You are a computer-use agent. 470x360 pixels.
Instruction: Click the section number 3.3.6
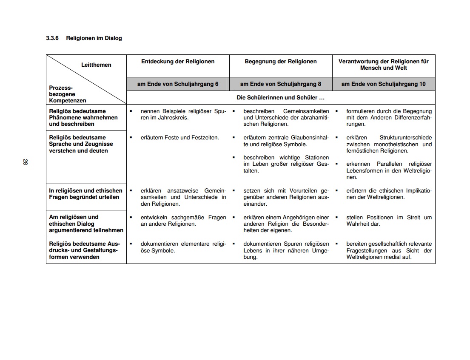(x=53, y=38)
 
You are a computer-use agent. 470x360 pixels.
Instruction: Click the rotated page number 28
(x=25, y=162)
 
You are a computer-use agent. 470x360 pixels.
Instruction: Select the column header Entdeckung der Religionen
(x=178, y=62)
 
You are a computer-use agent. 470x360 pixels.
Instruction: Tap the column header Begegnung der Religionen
(x=281, y=62)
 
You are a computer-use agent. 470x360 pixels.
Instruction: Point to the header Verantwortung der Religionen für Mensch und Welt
(x=384, y=65)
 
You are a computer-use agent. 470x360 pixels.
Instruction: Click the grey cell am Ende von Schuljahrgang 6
(x=178, y=84)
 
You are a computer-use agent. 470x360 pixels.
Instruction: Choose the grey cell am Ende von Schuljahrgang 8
(x=281, y=84)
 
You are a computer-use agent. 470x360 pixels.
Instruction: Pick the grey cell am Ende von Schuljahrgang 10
(x=384, y=84)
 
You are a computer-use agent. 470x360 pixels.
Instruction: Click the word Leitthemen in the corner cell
(x=96, y=65)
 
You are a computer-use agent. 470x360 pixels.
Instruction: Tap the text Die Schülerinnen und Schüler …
(x=281, y=98)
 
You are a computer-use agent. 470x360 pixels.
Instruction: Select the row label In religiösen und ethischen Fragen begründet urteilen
(x=85, y=194)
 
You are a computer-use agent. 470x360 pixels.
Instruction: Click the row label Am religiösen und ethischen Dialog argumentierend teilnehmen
(x=86, y=224)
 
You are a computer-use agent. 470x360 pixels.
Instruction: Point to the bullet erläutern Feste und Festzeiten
(x=179, y=138)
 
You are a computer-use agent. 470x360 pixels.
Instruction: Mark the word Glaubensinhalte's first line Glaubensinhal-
(x=310, y=138)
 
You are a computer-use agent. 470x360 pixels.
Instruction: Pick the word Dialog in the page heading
(x=113, y=38)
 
